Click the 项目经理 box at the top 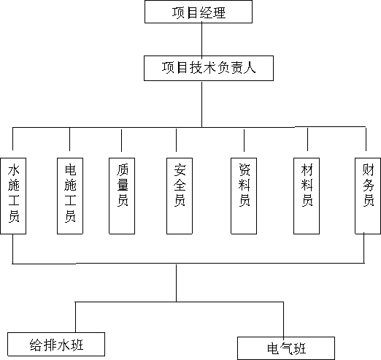tap(199, 12)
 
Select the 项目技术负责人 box tap(209, 68)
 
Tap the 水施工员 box tap(13, 196)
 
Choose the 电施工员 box tap(70, 196)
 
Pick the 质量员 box tap(122, 196)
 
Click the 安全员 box tap(180, 196)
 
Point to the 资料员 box tap(244, 196)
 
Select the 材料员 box tap(307, 196)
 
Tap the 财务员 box tap(368, 196)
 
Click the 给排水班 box tap(56, 344)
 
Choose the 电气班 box tap(286, 348)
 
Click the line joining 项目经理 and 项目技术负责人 tap(201, 39)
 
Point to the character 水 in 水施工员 tap(14, 170)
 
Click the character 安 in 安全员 tap(180, 169)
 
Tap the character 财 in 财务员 tap(368, 169)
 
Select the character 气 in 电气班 tap(286, 348)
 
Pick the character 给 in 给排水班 tap(36, 345)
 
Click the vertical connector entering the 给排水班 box tap(75, 317)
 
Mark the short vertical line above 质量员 tap(121, 140)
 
